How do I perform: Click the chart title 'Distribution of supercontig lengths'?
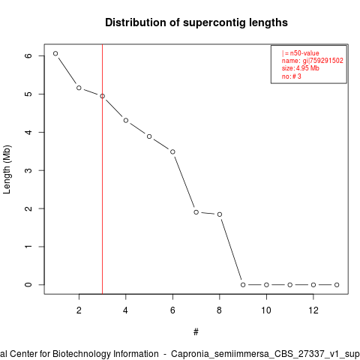pyautogui.click(x=196, y=22)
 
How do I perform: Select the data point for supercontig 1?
pyautogui.click(x=55, y=53)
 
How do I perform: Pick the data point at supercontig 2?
pyautogui.click(x=79, y=88)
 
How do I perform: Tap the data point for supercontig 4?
pyautogui.click(x=126, y=121)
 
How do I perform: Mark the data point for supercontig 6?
pyautogui.click(x=172, y=151)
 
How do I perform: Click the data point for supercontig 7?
pyautogui.click(x=196, y=212)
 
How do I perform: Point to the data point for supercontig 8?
pyautogui.click(x=220, y=214)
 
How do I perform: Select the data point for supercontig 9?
pyautogui.click(x=243, y=285)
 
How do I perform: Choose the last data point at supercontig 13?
pyautogui.click(x=337, y=285)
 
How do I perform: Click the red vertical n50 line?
pyautogui.click(x=103, y=169)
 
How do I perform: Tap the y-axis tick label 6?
pyautogui.click(x=28, y=55)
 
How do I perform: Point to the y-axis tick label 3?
pyautogui.click(x=28, y=170)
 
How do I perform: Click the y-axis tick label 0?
pyautogui.click(x=28, y=285)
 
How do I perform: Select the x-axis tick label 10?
pyautogui.click(x=266, y=310)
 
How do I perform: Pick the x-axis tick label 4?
pyautogui.click(x=125, y=310)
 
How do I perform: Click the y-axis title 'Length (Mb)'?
pyautogui.click(x=7, y=169)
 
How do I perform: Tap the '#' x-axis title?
pyautogui.click(x=196, y=332)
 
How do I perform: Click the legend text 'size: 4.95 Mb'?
pyautogui.click(x=301, y=68)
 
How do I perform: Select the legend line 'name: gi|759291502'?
pyautogui.click(x=313, y=61)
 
